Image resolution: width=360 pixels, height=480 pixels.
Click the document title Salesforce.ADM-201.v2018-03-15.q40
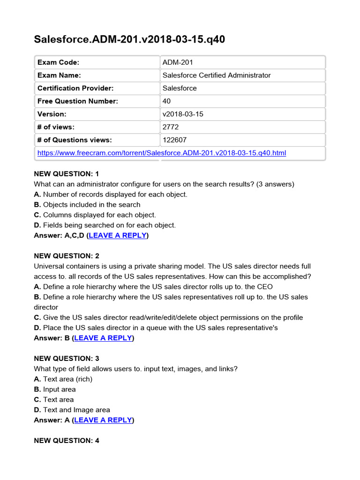pyautogui.click(x=129, y=39)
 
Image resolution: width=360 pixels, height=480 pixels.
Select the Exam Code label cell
pyautogui.click(x=58, y=62)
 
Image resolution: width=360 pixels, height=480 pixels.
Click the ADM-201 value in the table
pyautogui.click(x=178, y=62)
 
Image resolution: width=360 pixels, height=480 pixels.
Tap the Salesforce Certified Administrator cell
pyautogui.click(x=216, y=75)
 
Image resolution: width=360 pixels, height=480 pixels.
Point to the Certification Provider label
pyautogui.click(x=75, y=88)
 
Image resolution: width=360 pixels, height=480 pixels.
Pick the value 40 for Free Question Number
pyautogui.click(x=166, y=101)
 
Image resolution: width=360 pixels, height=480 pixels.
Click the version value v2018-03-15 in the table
pyautogui.click(x=183, y=114)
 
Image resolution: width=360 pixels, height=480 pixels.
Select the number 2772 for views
pyautogui.click(x=171, y=127)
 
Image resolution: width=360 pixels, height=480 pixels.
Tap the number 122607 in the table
pyautogui.click(x=174, y=140)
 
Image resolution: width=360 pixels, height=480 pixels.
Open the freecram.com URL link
pyautogui.click(x=161, y=153)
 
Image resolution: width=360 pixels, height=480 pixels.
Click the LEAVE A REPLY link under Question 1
pyautogui.click(x=117, y=235)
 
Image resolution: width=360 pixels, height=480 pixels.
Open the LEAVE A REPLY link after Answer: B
pyautogui.click(x=103, y=338)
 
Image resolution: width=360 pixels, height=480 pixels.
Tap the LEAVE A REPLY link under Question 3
pyautogui.click(x=103, y=420)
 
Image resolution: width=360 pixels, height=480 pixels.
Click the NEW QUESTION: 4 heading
pyautogui.click(x=67, y=441)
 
